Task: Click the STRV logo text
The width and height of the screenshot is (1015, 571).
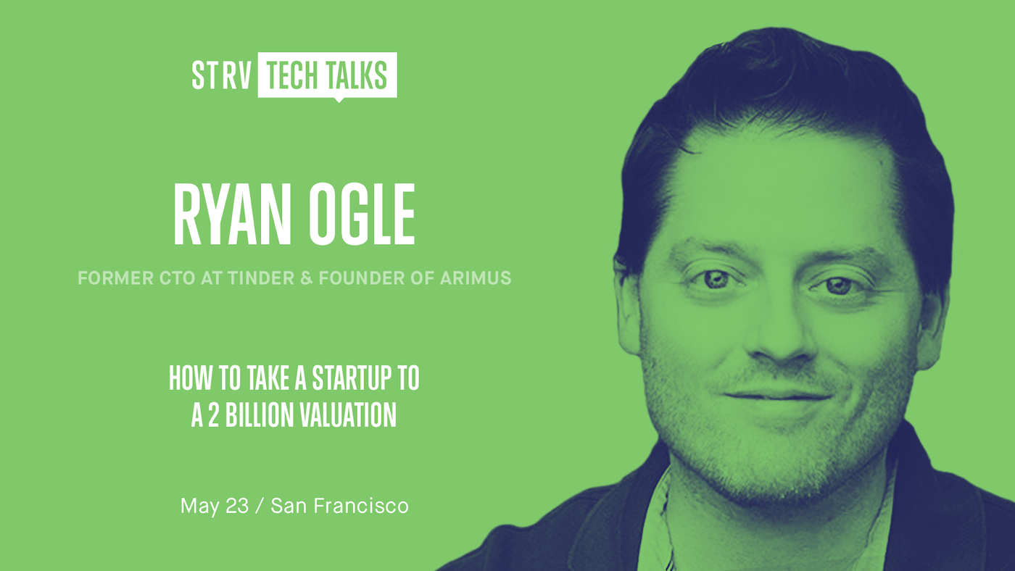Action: pos(222,75)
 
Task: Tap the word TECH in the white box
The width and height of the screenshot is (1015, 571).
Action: pos(291,75)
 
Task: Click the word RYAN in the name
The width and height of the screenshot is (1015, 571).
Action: pos(232,214)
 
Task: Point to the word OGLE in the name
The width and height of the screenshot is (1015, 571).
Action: pos(362,214)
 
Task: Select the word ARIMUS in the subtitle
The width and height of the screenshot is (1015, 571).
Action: pos(476,278)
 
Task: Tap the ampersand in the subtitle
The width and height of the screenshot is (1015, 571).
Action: pos(306,278)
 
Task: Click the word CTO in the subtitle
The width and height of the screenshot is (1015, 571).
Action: pos(177,278)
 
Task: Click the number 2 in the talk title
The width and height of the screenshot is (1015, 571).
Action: pos(213,414)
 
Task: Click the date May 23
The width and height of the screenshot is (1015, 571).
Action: pos(215,507)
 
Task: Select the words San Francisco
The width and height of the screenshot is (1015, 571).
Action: pos(339,506)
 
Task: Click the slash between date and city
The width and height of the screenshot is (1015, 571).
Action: pos(260,507)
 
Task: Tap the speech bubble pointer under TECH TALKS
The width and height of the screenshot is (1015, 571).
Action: pos(339,100)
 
